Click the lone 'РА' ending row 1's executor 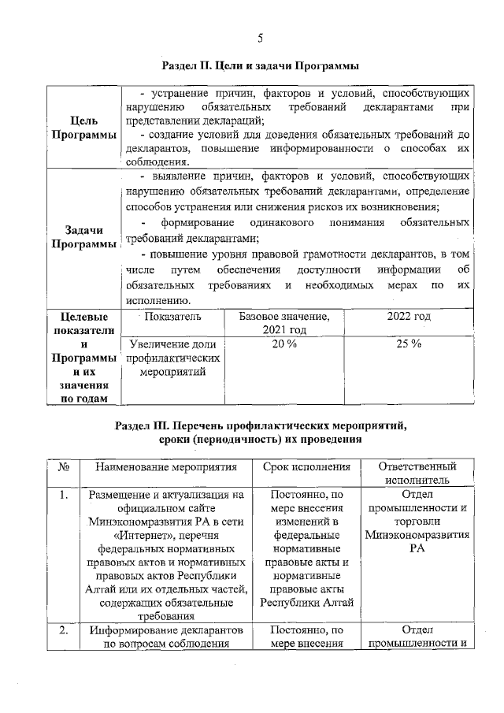(x=417, y=548)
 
